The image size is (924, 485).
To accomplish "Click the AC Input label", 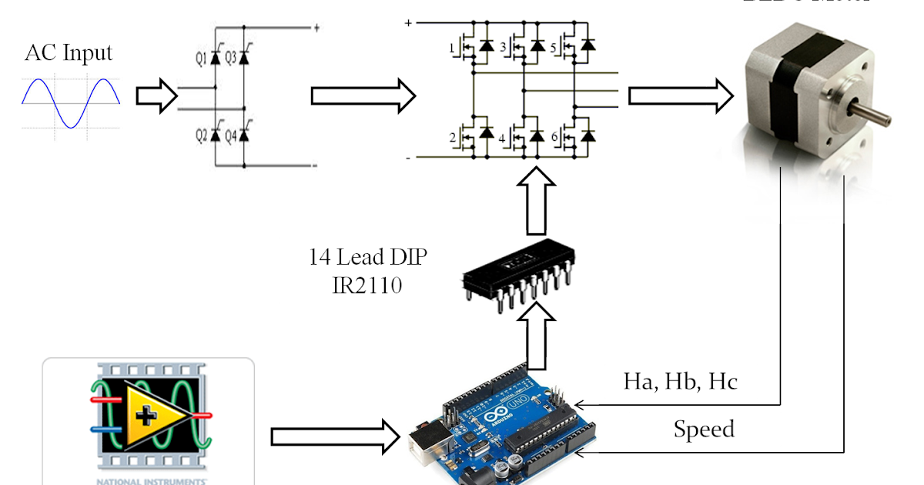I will (x=69, y=54).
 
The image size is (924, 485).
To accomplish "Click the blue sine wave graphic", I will (x=70, y=103).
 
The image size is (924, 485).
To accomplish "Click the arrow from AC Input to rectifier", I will (x=156, y=96).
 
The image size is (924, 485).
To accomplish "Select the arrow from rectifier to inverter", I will (x=362, y=96).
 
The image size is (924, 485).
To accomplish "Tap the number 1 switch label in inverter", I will (x=452, y=48).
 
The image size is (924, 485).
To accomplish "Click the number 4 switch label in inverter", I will (x=502, y=139).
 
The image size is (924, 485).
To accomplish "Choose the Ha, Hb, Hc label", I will (x=681, y=382).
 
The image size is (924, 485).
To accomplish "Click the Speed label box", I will (x=704, y=429).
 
